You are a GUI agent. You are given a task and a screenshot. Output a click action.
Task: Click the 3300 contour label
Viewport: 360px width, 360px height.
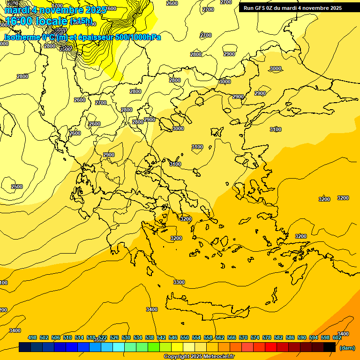tap(179, 282)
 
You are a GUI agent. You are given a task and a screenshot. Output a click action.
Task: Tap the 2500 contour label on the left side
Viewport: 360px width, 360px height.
tap(17, 187)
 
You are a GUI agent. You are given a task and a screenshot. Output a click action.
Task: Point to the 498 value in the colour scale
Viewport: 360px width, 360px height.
tap(32, 337)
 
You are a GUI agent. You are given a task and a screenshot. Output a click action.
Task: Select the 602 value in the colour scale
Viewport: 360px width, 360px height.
tap(337, 337)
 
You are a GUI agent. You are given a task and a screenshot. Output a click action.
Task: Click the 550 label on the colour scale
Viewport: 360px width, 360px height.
tap(185, 337)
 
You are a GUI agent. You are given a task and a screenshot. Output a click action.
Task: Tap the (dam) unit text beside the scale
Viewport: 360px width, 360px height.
tap(347, 347)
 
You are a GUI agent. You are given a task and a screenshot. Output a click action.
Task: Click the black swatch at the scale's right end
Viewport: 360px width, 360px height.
tap(330, 347)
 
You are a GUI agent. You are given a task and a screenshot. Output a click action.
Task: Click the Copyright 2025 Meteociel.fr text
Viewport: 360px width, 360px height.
tap(199, 357)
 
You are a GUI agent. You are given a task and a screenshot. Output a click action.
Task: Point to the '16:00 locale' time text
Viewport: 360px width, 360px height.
tap(36, 22)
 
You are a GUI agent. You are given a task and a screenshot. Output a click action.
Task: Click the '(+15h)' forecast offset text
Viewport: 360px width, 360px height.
tap(81, 21)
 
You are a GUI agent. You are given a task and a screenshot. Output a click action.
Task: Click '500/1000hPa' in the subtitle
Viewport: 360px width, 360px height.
tap(141, 37)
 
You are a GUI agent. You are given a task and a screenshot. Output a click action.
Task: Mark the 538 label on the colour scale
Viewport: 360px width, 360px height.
tap(150, 337)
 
